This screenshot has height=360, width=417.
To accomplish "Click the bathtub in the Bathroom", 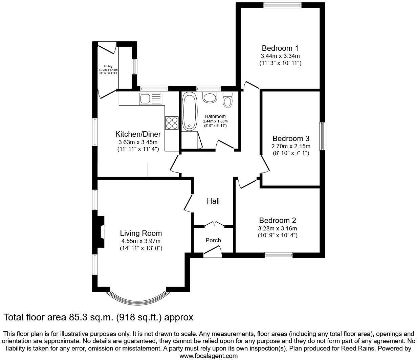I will coord(189,111).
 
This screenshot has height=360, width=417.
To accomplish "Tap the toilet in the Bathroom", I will coord(227,100).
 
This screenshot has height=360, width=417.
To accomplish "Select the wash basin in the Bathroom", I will coord(210,97).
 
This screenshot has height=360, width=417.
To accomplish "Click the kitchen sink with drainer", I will coord(151,99).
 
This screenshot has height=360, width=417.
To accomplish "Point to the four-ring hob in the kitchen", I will coord(172,122).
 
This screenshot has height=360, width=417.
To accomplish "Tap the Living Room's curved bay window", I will coord(138,298).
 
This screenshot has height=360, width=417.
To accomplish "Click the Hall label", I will coord(213,201).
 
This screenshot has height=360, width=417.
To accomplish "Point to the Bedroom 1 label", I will coord(280,48).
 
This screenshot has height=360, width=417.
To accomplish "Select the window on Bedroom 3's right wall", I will coord(322,136).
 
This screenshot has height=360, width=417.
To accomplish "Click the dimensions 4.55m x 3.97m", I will coord(141,241).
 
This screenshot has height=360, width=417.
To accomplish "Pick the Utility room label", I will coord(108,66).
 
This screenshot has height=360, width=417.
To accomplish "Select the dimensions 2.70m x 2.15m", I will coord(291,146).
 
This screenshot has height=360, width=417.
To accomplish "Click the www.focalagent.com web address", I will coord(208,356).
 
